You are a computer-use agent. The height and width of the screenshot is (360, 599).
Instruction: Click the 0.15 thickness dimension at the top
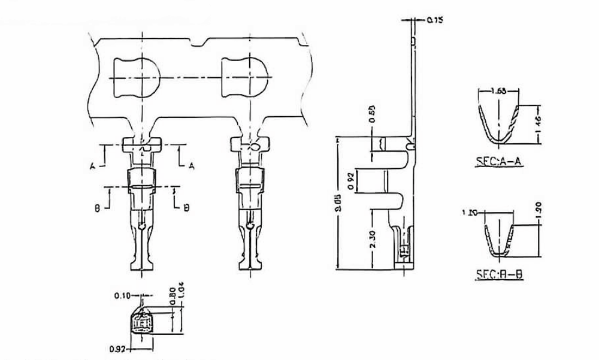point(435,20)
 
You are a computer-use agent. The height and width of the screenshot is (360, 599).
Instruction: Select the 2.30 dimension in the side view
point(373,239)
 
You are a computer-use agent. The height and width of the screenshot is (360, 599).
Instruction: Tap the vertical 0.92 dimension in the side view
point(352,179)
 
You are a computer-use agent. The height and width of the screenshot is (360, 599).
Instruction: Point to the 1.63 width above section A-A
point(497,91)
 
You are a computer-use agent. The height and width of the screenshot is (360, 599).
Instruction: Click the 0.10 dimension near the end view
point(122,296)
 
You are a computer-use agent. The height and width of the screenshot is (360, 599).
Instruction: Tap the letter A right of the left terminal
point(191,165)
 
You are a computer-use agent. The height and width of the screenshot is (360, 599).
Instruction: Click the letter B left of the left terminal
point(97,208)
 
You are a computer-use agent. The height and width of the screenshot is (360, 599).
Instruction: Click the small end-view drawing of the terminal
point(142,322)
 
